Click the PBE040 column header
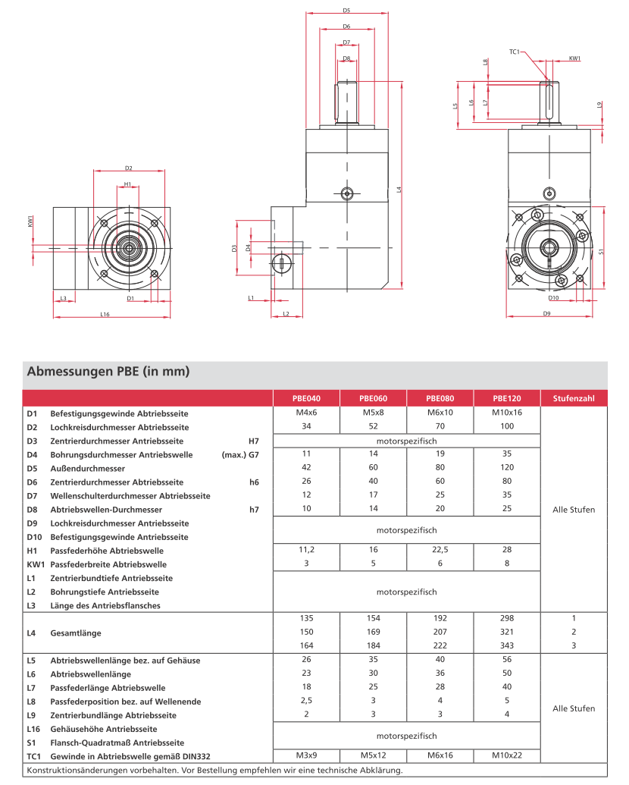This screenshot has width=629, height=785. pos(306,398)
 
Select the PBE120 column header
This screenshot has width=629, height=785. pos(506,398)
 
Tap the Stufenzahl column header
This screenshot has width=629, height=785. pos(574,398)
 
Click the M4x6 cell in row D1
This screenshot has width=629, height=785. pos(306,413)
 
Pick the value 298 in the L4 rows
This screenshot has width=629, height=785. pos(506,618)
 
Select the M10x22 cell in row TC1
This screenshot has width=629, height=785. pos(506,755)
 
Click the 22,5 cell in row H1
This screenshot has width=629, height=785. pos(440,551)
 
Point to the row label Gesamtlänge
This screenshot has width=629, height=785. pos(76,633)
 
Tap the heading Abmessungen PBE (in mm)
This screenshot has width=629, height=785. pos(108,372)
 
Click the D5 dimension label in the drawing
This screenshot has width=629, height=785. pos(346,11)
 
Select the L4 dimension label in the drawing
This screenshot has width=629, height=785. pos(399,189)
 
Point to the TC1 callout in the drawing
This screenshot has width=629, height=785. pos(514,52)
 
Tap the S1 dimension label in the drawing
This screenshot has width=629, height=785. pos(601,252)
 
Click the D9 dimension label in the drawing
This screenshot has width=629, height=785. pos(546,313)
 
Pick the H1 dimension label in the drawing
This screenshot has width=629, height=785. pos(128,184)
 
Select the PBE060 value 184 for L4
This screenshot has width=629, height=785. pos(373,645)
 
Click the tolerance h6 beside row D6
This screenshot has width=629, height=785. pos(254,482)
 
